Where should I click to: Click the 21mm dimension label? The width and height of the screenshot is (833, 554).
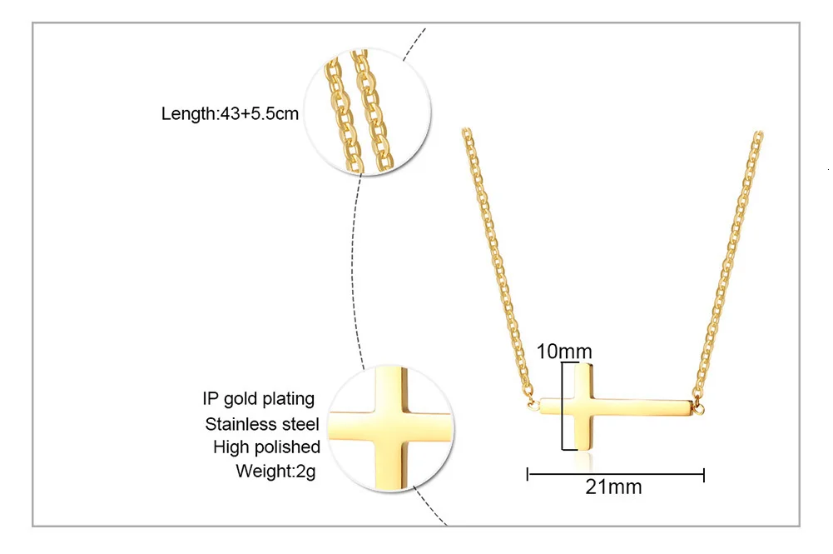[613, 487]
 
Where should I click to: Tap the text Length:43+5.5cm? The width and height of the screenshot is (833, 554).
[230, 114]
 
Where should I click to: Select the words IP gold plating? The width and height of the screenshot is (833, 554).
[258, 398]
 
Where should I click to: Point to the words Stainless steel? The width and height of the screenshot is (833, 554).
[262, 424]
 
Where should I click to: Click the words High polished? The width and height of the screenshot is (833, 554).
[266, 447]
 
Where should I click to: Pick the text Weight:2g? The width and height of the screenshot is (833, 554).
[277, 472]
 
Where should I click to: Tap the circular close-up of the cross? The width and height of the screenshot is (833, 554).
[392, 427]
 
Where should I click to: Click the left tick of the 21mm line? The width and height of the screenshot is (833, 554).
[529, 475]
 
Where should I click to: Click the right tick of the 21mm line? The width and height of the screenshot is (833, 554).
[704, 475]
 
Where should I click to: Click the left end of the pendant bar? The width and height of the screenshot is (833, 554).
[541, 407]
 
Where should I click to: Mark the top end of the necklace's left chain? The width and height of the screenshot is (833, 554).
[466, 132]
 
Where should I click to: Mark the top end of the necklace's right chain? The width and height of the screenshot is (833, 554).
[758, 135]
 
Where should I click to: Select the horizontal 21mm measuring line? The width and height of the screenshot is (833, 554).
[617, 475]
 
